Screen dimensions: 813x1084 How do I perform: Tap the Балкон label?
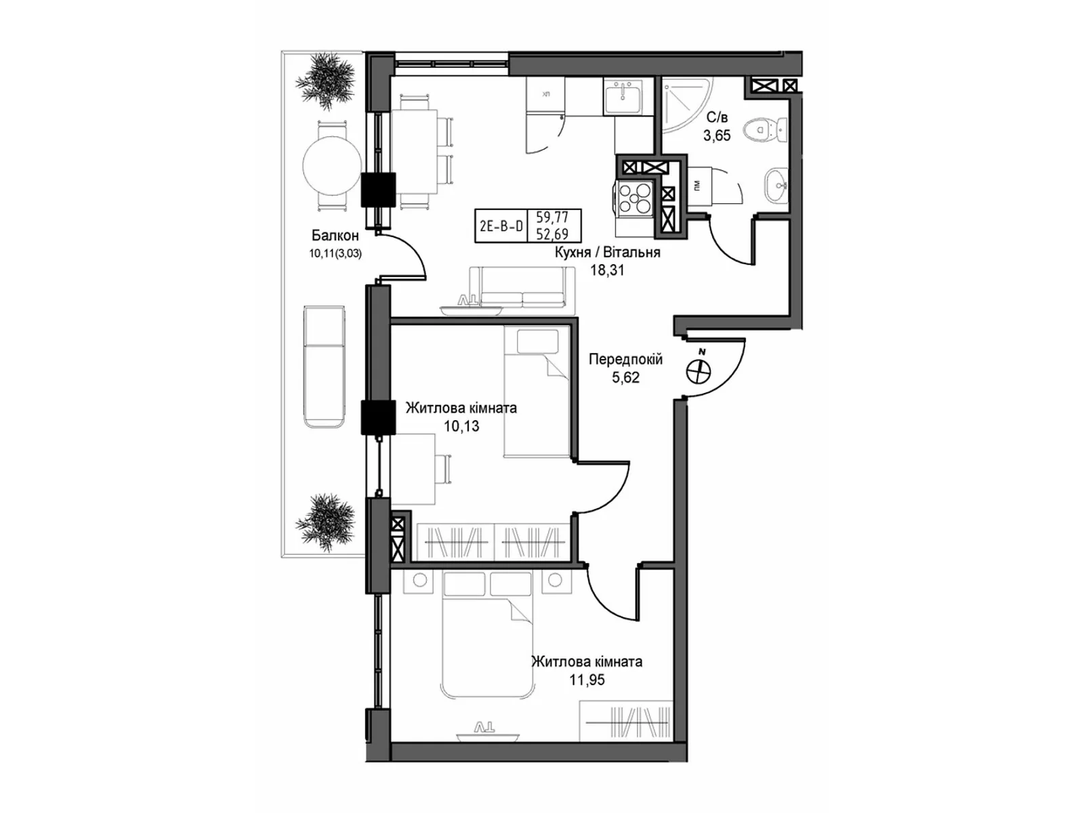point(335,236)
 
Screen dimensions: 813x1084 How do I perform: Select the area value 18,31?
point(607,270)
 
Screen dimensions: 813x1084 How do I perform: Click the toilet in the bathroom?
point(764,129)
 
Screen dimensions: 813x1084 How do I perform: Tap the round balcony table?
point(332,165)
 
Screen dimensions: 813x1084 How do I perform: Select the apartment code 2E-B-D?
point(501,226)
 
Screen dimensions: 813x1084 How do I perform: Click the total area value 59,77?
point(552,218)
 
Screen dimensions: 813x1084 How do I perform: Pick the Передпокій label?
point(625,360)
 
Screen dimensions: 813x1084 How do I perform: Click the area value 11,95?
point(587,680)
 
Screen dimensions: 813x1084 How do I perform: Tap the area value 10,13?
point(461,426)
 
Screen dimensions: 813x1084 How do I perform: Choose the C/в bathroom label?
point(717,118)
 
